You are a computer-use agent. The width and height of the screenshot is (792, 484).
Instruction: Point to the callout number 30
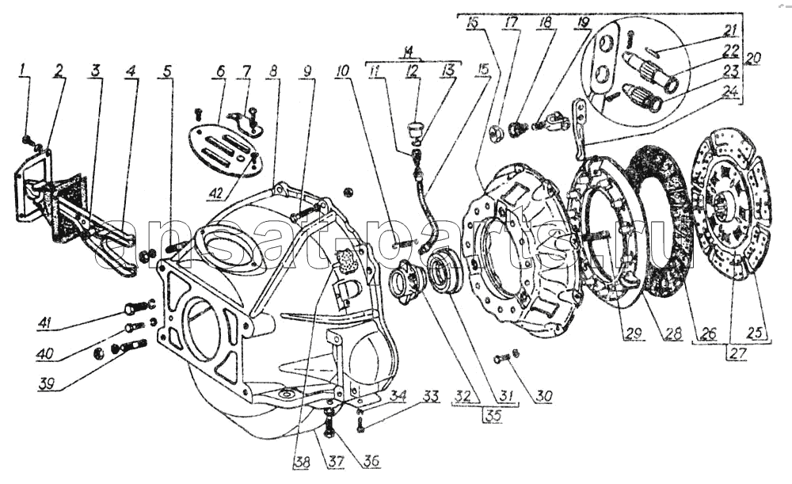pos(543,396)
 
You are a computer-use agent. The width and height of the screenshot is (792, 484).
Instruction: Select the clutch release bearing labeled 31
pos(447,272)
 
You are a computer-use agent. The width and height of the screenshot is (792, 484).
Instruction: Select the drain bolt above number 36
pos(329,413)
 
